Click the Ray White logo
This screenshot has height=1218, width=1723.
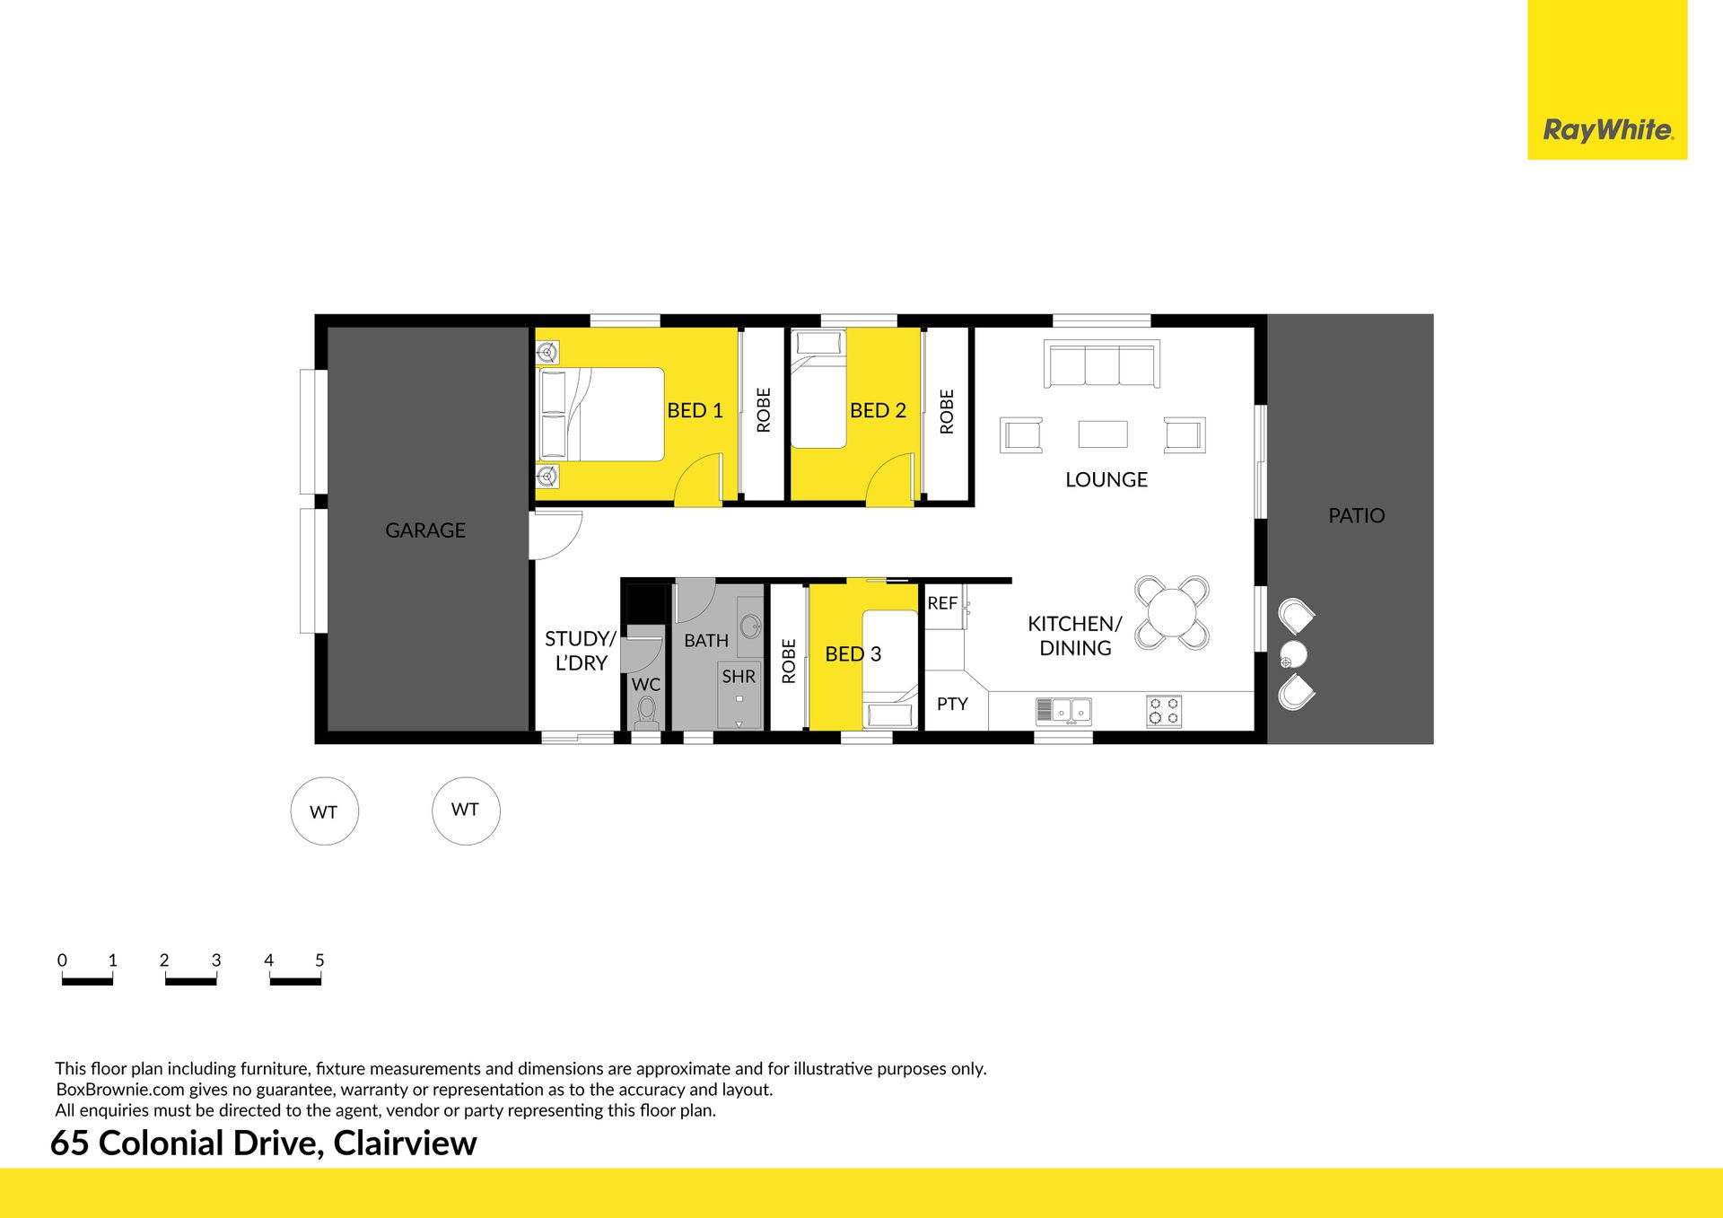pos(1607,80)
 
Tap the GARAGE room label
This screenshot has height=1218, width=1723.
pos(425,530)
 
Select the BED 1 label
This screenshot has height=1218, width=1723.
pos(695,410)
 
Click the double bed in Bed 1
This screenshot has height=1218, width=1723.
pos(600,415)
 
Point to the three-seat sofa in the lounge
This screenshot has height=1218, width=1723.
pos(1102,364)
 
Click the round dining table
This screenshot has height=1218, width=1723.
pos(1172,613)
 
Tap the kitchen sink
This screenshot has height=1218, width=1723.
pos(1063,711)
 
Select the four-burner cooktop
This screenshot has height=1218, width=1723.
pos(1164,711)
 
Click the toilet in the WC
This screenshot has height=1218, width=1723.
pos(646,713)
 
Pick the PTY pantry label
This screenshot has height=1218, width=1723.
pos(952,704)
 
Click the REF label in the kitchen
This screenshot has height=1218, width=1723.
pos(942,603)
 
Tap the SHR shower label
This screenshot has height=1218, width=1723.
pos(739,677)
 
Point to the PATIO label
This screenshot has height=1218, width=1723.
pos(1356,515)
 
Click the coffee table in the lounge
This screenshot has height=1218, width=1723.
pos(1103,434)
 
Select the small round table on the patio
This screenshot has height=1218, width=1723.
pos(1293,654)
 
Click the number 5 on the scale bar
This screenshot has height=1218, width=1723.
pos(319,960)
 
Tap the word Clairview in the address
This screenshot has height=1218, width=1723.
pos(405,1143)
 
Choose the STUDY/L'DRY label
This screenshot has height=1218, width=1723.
pos(581,651)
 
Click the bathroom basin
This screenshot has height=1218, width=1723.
pos(750,626)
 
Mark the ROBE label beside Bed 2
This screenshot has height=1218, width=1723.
pos(947,412)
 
